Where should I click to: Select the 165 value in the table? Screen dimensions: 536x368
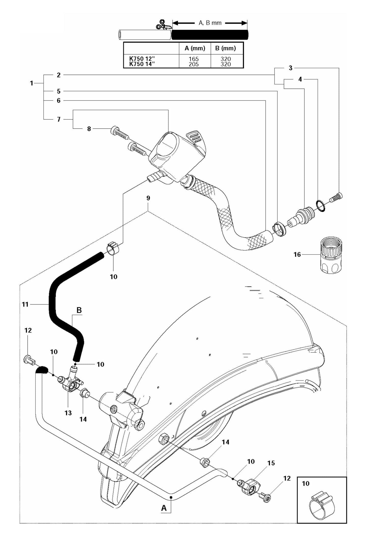click(x=194, y=59)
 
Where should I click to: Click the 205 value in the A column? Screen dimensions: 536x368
click(x=194, y=64)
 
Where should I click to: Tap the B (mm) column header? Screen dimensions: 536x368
click(x=225, y=48)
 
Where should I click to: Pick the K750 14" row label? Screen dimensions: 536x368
click(x=142, y=64)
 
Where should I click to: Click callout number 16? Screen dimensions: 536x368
click(x=297, y=254)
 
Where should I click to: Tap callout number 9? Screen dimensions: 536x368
click(x=148, y=198)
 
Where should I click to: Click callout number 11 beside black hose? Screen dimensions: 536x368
click(x=25, y=304)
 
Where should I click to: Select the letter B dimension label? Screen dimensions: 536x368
click(x=79, y=310)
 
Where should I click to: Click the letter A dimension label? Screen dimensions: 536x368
click(x=164, y=508)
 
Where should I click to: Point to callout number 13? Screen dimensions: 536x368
click(x=68, y=413)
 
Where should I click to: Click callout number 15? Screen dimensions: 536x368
click(x=271, y=463)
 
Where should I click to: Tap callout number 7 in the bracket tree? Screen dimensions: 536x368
click(x=59, y=119)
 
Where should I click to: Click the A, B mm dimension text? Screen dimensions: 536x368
click(x=210, y=23)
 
